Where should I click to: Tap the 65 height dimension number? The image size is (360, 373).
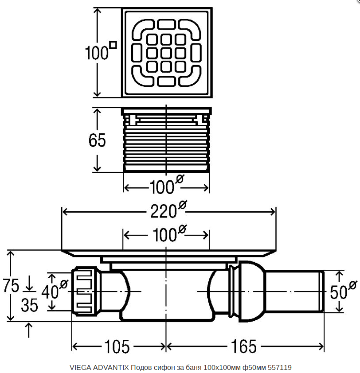pyautogui.click(x=97, y=140)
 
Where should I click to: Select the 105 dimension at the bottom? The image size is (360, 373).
pyautogui.click(x=117, y=346)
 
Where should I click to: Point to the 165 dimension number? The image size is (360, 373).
pyautogui.click(x=243, y=346)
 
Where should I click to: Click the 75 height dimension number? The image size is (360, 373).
pyautogui.click(x=11, y=285)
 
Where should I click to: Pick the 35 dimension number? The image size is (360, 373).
pyautogui.click(x=29, y=305)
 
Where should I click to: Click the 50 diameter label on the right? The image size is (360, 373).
pyautogui.click(x=343, y=290)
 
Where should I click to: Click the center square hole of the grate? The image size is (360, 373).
pyautogui.click(x=166, y=53)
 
